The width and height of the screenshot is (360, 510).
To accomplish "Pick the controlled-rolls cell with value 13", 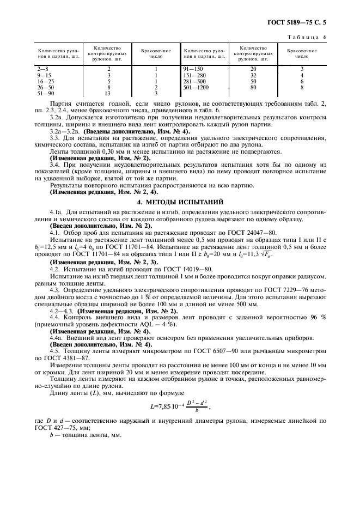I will (x=109, y=93).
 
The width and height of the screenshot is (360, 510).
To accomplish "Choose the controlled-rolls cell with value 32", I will (x=253, y=75).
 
